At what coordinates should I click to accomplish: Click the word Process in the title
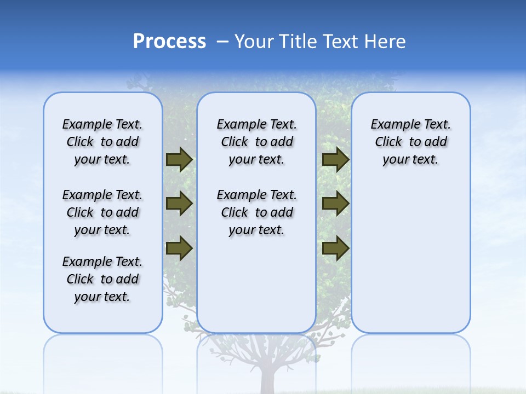tap(169, 42)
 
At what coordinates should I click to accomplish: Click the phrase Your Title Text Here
tap(320, 42)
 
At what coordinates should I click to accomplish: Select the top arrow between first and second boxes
tap(179, 159)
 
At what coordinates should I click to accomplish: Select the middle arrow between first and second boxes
tap(179, 204)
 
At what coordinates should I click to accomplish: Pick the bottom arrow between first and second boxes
tap(179, 248)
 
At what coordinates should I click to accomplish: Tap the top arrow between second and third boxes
tap(335, 159)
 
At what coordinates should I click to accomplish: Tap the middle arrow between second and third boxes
tap(335, 204)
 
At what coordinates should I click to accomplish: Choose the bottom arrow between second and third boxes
tap(335, 248)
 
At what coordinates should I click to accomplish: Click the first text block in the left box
tap(102, 142)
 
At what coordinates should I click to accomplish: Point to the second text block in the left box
tap(102, 212)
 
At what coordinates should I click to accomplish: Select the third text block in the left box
tap(102, 279)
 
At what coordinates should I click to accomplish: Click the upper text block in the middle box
tap(256, 142)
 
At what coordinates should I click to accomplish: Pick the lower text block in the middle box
tap(256, 212)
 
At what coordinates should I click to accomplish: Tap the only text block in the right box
tap(410, 142)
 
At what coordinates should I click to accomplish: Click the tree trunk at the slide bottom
tap(268, 378)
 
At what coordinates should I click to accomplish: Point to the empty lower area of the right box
tap(410, 257)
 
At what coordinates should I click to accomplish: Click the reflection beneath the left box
tap(102, 356)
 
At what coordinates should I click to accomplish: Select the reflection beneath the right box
tap(410, 356)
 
